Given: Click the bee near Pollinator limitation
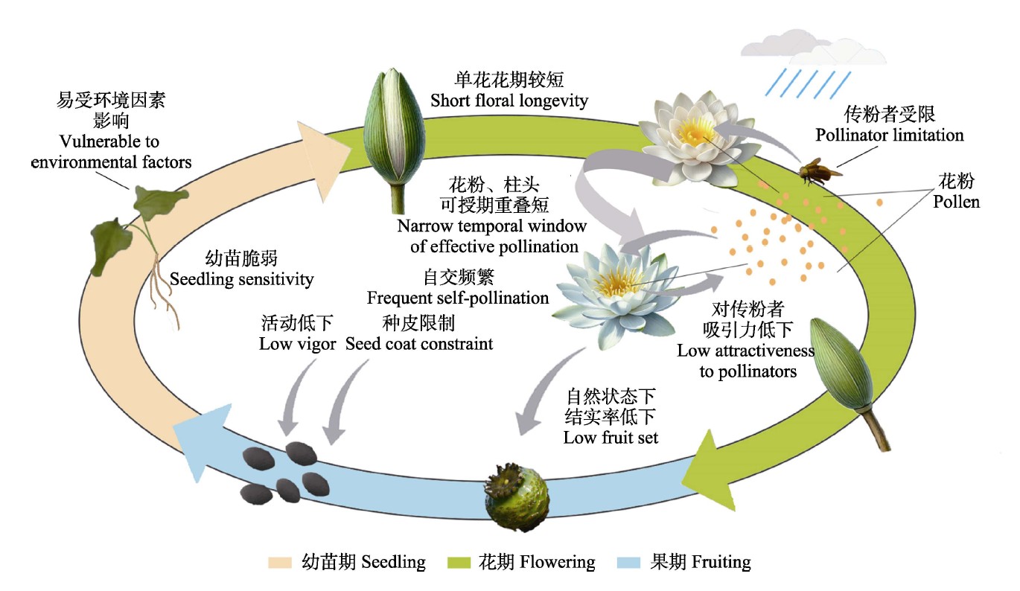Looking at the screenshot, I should tap(817, 170).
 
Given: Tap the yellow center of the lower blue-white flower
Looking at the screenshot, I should tap(617, 282).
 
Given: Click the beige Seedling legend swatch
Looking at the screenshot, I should tap(281, 562).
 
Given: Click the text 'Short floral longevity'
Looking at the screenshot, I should tap(509, 100).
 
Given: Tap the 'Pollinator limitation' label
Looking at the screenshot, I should tap(890, 135).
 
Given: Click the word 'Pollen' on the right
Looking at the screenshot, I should tap(957, 201).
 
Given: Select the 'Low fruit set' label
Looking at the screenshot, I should tap(611, 437).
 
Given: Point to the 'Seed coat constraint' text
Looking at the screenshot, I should tap(419, 344).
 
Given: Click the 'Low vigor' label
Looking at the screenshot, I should tap(297, 344).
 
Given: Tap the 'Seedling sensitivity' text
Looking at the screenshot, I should tap(242, 279).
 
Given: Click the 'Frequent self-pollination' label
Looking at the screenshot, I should tap(458, 298).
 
